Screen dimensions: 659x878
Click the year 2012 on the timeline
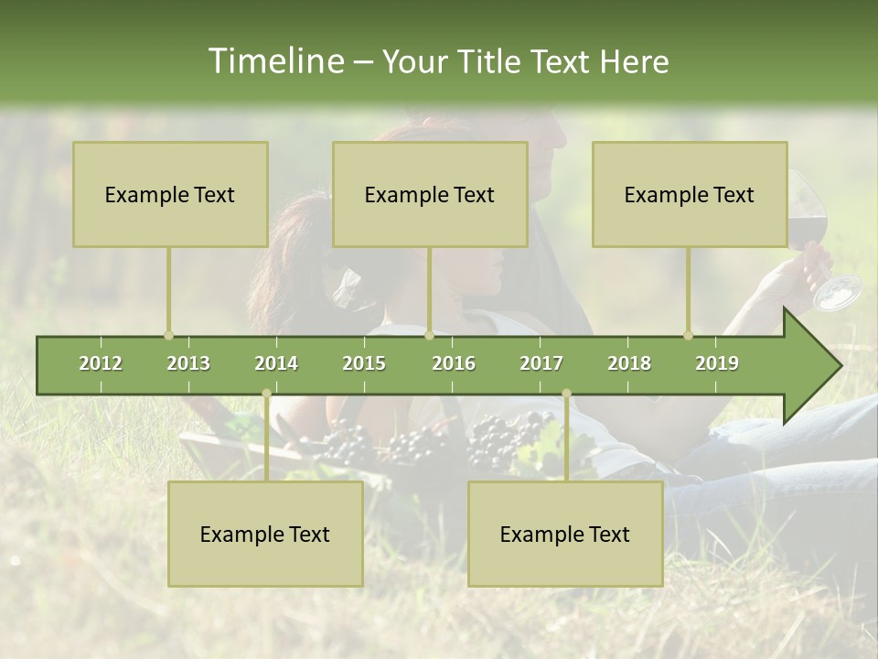[x=101, y=363]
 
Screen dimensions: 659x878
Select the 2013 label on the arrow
[x=188, y=363]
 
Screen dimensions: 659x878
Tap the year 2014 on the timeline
[x=276, y=363]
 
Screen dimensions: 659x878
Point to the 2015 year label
[x=364, y=363]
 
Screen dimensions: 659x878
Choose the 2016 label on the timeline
[x=454, y=363]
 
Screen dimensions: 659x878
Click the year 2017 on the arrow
[x=541, y=363]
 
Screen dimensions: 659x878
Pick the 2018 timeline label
[x=629, y=363]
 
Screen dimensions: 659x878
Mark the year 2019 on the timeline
[x=717, y=363]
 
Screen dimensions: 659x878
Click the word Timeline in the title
[x=274, y=61]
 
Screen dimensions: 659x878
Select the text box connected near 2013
[x=170, y=194]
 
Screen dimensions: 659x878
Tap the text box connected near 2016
[x=430, y=194]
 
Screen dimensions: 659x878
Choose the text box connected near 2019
[x=690, y=194]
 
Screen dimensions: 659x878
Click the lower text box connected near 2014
[x=265, y=534]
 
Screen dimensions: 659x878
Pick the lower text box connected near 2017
[x=565, y=534]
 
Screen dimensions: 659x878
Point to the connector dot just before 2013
[x=168, y=335]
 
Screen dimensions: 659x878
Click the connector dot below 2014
[x=266, y=394]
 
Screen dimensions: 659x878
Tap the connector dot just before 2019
[x=688, y=335]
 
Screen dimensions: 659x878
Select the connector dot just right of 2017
[x=566, y=394]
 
